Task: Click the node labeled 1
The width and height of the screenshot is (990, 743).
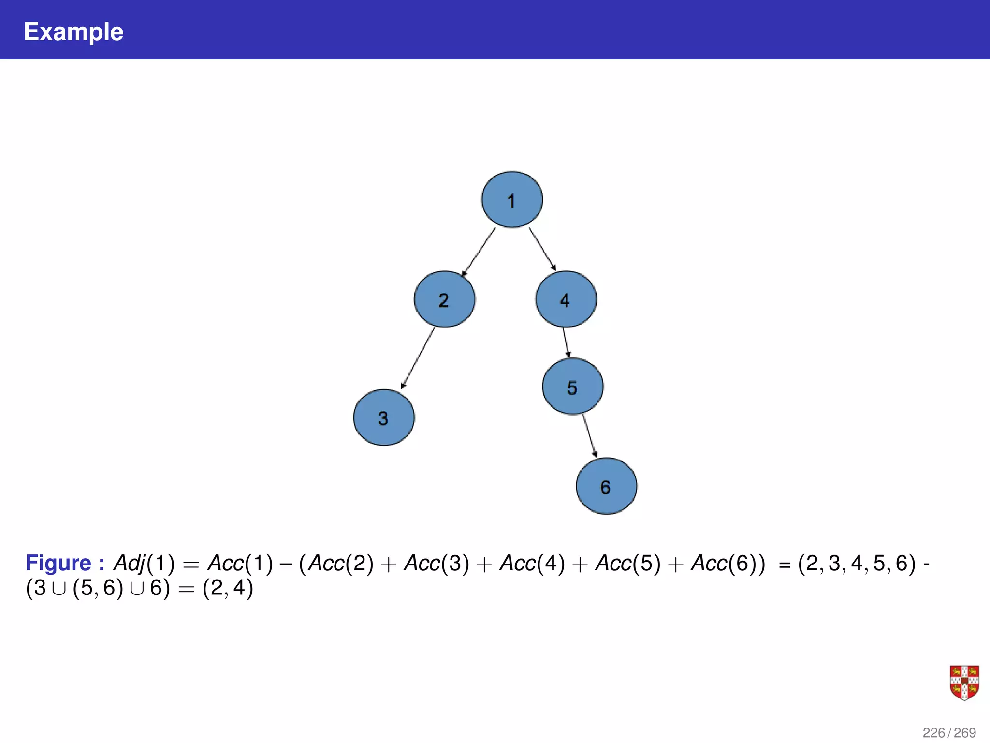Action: click(x=512, y=199)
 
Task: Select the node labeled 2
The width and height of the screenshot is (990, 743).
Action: click(x=445, y=299)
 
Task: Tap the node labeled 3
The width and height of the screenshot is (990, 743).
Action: click(x=384, y=417)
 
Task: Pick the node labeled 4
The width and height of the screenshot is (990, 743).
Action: click(x=566, y=299)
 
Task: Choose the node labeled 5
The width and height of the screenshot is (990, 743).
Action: click(x=573, y=386)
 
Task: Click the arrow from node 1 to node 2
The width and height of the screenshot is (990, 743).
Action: click(x=479, y=252)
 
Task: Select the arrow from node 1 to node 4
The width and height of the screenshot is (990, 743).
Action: click(x=542, y=249)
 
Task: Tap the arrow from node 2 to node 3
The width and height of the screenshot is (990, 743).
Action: click(x=418, y=358)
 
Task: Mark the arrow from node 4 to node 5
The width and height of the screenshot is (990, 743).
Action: click(x=566, y=342)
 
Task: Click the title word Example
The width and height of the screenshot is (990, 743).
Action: click(x=73, y=32)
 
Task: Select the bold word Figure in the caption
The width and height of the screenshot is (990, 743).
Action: click(x=58, y=563)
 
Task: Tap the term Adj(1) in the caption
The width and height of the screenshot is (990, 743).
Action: click(x=144, y=563)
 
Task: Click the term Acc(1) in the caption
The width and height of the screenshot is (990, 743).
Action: click(x=240, y=563)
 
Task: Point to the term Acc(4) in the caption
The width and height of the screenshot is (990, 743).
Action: click(x=532, y=563)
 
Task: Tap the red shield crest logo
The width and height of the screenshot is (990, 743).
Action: click(x=964, y=683)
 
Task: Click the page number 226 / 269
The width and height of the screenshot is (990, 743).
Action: click(x=949, y=733)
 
